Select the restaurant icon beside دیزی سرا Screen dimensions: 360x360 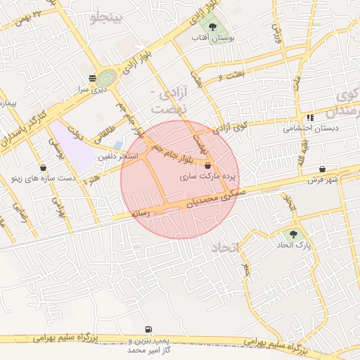(x=92, y=78)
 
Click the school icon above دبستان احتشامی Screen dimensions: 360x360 (x=310, y=117)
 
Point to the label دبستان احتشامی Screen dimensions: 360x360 (x=310, y=129)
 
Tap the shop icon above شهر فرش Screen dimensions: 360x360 (x=322, y=169)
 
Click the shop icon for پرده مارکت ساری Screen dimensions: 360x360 (x=207, y=165)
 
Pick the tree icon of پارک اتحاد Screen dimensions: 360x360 (x=293, y=234)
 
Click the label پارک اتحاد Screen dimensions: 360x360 (x=293, y=245)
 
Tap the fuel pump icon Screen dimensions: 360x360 (x=148, y=328)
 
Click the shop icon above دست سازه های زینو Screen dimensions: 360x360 (x=45, y=168)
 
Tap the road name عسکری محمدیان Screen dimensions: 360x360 (x=211, y=199)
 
